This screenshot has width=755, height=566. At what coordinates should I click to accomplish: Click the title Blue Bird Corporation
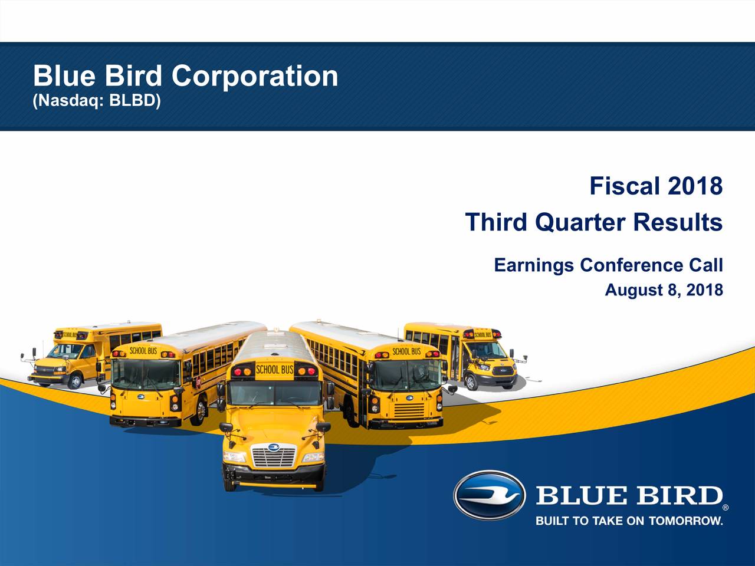pyautogui.click(x=185, y=77)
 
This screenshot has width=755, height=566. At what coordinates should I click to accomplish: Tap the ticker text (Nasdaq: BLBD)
pyautogui.click(x=97, y=101)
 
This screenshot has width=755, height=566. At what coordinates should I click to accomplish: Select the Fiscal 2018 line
pyautogui.click(x=656, y=186)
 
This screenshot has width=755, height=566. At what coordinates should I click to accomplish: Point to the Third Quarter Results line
pyautogui.click(x=594, y=222)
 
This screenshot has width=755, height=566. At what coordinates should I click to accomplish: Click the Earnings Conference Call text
pyautogui.click(x=609, y=265)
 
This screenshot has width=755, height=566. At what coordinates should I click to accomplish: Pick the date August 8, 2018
pyautogui.click(x=664, y=289)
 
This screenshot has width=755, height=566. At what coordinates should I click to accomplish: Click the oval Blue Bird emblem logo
pyautogui.click(x=489, y=495)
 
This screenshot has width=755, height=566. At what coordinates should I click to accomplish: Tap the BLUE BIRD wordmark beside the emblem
pyautogui.click(x=629, y=495)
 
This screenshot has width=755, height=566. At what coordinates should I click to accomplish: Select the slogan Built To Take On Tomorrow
pyautogui.click(x=629, y=521)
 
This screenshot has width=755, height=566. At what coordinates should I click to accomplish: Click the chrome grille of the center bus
pyautogui.click(x=274, y=455)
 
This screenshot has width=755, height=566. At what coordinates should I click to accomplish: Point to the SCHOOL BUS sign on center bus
pyautogui.click(x=274, y=370)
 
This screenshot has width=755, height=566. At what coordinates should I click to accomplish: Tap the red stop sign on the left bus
pyautogui.click(x=198, y=382)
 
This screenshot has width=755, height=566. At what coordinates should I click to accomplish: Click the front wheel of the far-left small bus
pyautogui.click(x=75, y=381)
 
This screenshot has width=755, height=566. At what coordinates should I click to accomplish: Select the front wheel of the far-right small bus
pyautogui.click(x=471, y=382)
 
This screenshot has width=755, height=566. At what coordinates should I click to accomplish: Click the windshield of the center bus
pyautogui.click(x=274, y=393)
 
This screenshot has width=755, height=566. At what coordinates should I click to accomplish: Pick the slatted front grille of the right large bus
pyautogui.click(x=409, y=410)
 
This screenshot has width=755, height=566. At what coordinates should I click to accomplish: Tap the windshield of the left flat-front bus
pyautogui.click(x=146, y=374)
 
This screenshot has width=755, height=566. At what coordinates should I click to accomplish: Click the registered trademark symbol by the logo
pyautogui.click(x=726, y=507)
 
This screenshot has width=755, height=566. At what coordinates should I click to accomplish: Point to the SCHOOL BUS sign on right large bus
pyautogui.click(x=406, y=351)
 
